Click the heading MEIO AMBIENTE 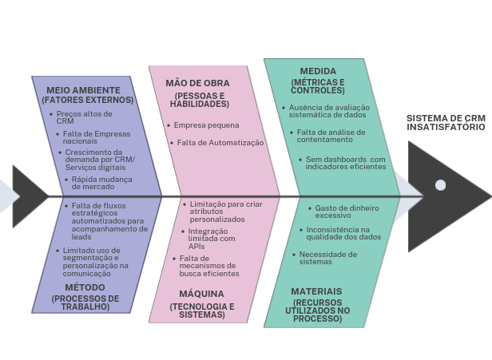84,90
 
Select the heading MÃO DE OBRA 197,83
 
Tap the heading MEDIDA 318,71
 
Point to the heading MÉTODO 85,287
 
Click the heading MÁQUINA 201,294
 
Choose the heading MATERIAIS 316,291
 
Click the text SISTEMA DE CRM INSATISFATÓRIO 446,122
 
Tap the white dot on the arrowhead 440,185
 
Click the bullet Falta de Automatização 220,142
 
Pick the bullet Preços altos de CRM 84,117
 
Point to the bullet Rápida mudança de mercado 103,183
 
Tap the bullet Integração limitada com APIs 211,238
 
